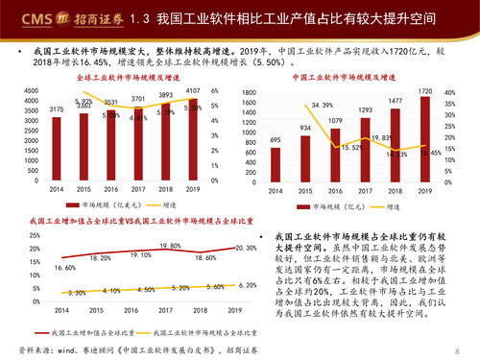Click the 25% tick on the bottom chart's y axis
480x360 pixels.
pos(34,235)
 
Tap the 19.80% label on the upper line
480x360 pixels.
pos(171,247)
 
